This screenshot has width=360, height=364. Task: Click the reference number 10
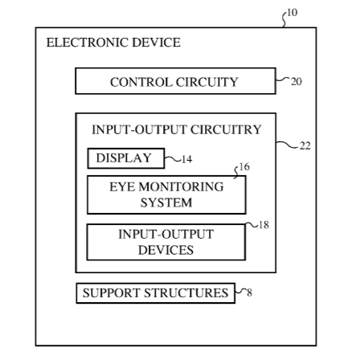[x=292, y=13]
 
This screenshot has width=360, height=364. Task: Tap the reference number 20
[x=297, y=81]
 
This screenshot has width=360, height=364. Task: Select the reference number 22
[x=305, y=145]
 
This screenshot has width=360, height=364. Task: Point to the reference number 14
[x=186, y=159]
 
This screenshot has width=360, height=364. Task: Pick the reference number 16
[x=244, y=167]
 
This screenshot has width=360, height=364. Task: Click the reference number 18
[x=264, y=225]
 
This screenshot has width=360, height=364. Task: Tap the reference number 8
[x=249, y=292]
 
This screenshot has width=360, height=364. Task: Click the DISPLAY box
[x=126, y=158]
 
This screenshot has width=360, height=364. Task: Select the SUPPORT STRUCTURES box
[x=156, y=293]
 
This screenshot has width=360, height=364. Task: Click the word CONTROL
[x=141, y=82]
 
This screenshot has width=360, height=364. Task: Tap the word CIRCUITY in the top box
[x=207, y=82]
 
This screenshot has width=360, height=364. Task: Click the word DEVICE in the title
[x=156, y=43]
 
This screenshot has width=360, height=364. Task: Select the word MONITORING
[x=181, y=186]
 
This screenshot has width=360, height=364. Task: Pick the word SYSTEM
[x=166, y=202]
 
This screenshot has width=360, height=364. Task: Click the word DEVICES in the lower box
[x=166, y=250]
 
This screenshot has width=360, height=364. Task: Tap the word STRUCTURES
[x=186, y=292]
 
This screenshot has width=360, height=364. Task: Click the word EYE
[x=122, y=186]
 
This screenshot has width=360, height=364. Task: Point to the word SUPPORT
[x=111, y=292]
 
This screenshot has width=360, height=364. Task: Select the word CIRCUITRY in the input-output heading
[x=226, y=129]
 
